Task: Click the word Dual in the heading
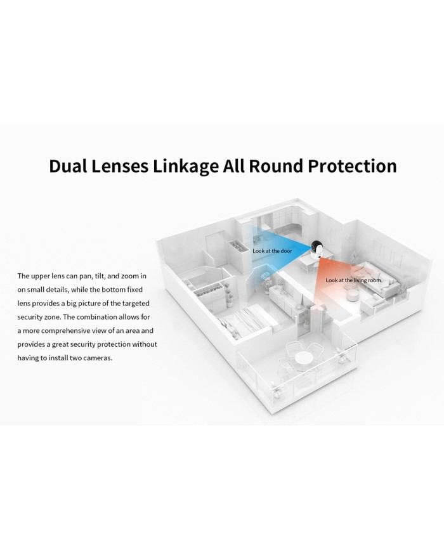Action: click(68, 166)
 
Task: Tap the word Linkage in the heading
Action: click(185, 167)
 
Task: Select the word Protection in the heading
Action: click(353, 166)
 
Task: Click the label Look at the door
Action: click(273, 251)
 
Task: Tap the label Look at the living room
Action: click(353, 280)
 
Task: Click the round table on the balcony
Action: click(303, 358)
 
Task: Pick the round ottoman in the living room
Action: click(352, 295)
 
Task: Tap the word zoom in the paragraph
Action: click(130, 276)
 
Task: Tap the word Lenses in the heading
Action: click(120, 166)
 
